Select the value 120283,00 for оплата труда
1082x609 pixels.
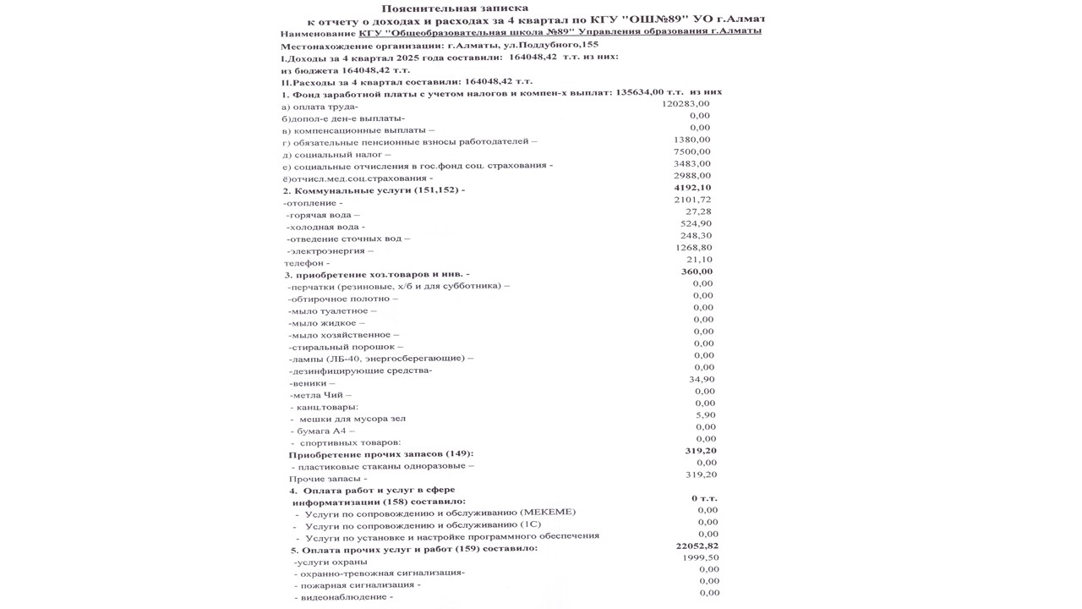pos(686,104)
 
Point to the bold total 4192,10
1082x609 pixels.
pos(692,187)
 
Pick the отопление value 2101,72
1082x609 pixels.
pos(692,199)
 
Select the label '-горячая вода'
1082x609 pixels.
pos(318,215)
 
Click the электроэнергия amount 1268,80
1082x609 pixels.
pos(694,247)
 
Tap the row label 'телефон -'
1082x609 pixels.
pos(307,263)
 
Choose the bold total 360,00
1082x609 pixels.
pos(697,272)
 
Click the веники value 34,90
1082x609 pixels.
pos(702,379)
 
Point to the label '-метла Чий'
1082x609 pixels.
pos(320,395)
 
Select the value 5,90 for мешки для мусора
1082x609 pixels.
pos(705,414)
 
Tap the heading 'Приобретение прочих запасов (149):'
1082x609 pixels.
pos(381,454)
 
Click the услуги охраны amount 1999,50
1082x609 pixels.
pos(700,558)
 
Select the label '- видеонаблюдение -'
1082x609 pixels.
pos(342,597)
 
